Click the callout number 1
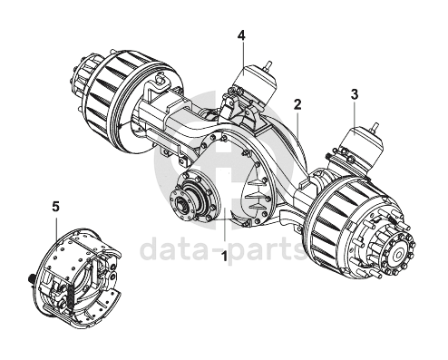click(x=224, y=257)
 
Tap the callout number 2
click(x=297, y=104)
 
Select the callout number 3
click(x=355, y=94)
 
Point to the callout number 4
click(x=241, y=35)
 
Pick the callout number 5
click(x=55, y=207)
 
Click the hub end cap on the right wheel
click(x=399, y=252)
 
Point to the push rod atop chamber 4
click(x=268, y=66)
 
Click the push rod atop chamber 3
click(x=375, y=128)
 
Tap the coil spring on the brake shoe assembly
click(x=71, y=297)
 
